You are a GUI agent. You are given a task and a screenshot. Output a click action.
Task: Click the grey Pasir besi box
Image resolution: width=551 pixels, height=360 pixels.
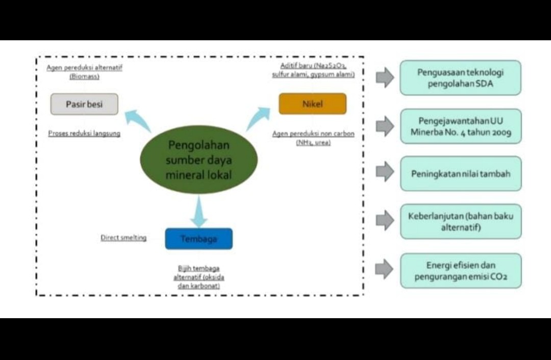coord(84,104)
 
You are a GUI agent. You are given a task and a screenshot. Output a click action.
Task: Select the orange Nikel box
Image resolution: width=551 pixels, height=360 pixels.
coord(312,104)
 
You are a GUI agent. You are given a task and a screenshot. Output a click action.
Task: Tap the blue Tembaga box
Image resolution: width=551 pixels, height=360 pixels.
coord(198,239)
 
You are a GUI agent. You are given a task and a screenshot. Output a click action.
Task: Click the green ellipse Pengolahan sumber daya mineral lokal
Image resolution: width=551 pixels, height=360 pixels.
coord(198,160)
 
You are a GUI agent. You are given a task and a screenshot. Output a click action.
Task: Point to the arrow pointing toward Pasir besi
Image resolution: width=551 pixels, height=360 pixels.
coord(137,120)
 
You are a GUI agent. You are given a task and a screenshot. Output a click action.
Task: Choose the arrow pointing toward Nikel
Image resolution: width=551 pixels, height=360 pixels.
coord(258,118)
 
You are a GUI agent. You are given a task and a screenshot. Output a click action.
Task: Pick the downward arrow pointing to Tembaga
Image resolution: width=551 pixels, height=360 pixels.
coord(199,211)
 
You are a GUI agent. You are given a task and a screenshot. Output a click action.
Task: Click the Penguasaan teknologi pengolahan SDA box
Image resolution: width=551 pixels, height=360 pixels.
coord(460,78)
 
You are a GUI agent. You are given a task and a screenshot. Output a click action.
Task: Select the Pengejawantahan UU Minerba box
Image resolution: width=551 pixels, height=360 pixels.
coord(460,126)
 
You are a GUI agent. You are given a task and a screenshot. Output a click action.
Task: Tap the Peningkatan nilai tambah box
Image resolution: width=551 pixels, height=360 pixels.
coord(460,174)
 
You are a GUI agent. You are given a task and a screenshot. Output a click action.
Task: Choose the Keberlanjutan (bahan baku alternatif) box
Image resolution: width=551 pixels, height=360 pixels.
coord(460,221)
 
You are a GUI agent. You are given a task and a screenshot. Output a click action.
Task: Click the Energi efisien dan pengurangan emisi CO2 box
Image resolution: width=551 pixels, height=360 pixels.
coord(460,271)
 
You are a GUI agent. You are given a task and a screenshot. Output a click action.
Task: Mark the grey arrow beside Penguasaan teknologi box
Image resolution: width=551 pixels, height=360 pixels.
coord(385,78)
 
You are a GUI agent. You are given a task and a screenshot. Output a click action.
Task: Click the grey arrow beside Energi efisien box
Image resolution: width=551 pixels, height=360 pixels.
coord(385,269)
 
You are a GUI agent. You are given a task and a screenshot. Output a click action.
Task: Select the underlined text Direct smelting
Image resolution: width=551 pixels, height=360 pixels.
coord(123,238)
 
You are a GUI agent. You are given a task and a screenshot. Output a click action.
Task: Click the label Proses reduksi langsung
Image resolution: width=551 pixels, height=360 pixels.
coord(84,134)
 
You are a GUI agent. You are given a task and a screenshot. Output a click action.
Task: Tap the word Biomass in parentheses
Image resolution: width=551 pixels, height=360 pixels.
coord(84,76)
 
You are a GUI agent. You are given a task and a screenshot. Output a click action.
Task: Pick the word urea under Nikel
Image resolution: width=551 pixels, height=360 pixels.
coord(321,143)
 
